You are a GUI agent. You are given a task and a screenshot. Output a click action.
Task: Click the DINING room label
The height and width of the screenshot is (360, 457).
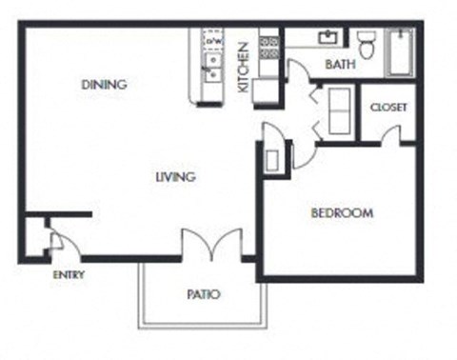point(104,85)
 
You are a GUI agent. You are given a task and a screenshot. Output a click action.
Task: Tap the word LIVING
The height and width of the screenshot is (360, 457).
point(176,177)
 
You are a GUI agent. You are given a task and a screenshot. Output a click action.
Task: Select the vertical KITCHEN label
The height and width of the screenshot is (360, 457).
point(243,67)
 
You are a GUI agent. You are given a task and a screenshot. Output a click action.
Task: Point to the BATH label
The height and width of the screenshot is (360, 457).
point(340,66)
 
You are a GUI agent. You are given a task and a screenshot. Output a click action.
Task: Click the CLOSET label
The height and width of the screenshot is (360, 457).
point(388,108)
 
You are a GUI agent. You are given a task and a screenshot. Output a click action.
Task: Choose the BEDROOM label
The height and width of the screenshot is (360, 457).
point(342,213)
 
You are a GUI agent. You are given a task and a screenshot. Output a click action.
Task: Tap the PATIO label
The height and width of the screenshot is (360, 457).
point(203,294)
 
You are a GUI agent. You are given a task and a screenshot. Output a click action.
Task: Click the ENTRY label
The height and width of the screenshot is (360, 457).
point(69,275)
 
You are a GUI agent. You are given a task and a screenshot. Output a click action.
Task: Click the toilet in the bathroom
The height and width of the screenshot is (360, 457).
point(367,43)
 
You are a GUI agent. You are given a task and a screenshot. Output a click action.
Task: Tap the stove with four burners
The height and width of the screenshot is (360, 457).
point(269,48)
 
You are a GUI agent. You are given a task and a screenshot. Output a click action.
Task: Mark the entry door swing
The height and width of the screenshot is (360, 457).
point(56,241)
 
